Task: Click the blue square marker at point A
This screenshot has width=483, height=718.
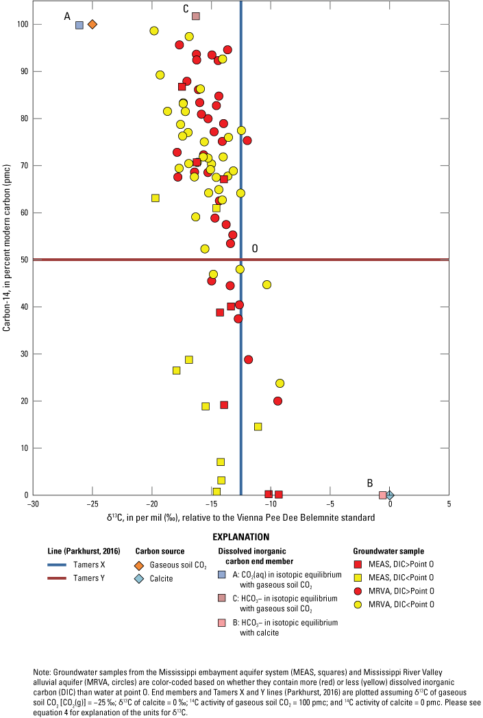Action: click(79, 25)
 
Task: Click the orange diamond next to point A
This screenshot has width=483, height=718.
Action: click(92, 25)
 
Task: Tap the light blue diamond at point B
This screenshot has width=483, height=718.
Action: click(390, 495)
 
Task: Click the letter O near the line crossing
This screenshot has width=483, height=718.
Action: click(255, 249)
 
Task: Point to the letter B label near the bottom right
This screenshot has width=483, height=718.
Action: click(370, 483)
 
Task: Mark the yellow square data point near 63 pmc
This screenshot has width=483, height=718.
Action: click(156, 198)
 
